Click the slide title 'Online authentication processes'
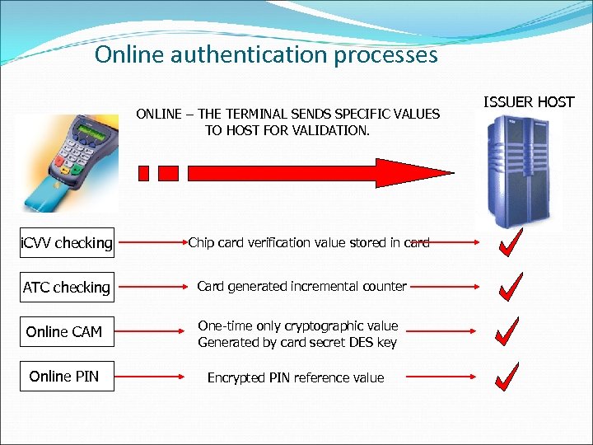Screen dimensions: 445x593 266,55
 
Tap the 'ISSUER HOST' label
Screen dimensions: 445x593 528,102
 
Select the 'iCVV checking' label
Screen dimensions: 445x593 66,243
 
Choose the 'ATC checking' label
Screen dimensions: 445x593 66,288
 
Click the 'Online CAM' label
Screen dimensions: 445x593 64,332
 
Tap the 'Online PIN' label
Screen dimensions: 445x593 63,377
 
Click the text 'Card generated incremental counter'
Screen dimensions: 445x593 301,287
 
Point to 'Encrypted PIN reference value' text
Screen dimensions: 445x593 296,378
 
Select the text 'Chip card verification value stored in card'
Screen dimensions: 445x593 309,242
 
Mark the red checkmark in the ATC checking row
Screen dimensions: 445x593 510,286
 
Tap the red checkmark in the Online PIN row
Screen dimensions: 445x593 509,376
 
